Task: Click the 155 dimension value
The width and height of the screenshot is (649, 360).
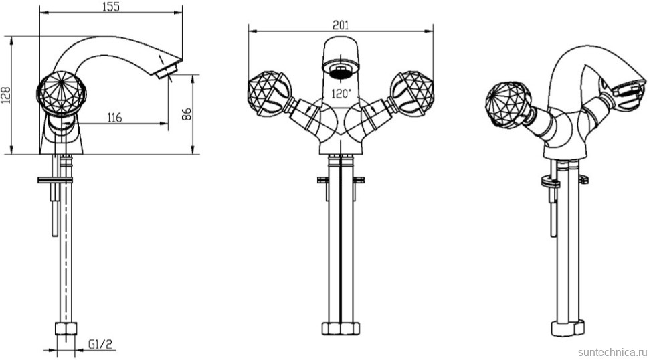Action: click(x=110, y=7)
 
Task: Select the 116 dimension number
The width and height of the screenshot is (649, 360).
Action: click(x=114, y=118)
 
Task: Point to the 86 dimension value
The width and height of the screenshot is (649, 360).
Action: click(x=187, y=114)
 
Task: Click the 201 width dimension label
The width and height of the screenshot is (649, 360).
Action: click(x=341, y=25)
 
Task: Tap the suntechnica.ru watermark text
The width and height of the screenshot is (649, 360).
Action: click(x=612, y=352)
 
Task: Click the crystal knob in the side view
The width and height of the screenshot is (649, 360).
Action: click(x=62, y=92)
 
